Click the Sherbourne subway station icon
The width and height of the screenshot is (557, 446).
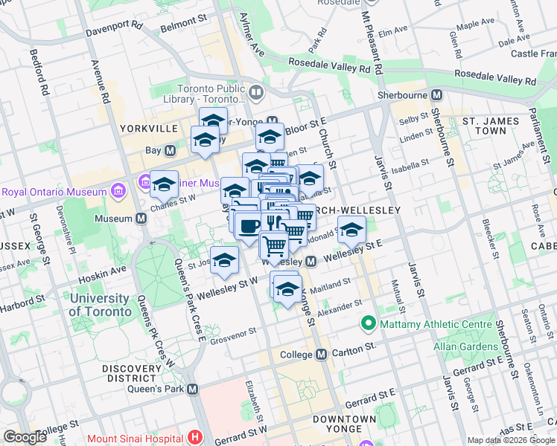[x=436, y=95]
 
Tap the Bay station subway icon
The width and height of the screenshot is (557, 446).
[x=170, y=150]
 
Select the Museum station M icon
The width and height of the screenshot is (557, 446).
[x=141, y=219]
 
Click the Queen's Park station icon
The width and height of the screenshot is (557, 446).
[x=193, y=389]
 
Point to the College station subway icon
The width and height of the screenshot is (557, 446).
[x=321, y=355]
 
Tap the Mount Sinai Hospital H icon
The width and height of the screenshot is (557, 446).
[x=196, y=438]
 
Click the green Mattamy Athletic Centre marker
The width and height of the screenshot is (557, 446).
[x=367, y=324]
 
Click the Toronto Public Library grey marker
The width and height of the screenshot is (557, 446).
[x=257, y=93]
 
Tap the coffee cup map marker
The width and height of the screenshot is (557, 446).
[x=248, y=225]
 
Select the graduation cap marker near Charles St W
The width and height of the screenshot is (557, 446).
[x=164, y=184]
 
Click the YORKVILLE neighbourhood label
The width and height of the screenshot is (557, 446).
[x=149, y=129]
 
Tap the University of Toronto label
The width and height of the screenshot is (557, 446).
[x=98, y=305]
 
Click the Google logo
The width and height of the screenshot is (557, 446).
[x=25, y=436]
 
